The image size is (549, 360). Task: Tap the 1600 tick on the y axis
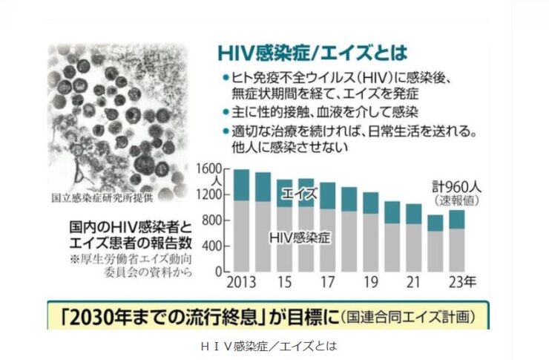coord(214,168)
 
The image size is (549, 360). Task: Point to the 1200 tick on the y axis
coord(214,195)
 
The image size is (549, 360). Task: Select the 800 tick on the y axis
coord(216,220)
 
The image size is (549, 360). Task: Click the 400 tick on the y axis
coord(216,246)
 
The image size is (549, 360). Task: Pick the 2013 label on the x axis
coord(238,284)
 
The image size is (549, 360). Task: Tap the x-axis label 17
coord(328,284)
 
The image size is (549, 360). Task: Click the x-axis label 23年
coord(463,284)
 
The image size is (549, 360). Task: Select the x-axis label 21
coord(414,284)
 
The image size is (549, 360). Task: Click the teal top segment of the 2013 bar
coord(241,185)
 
